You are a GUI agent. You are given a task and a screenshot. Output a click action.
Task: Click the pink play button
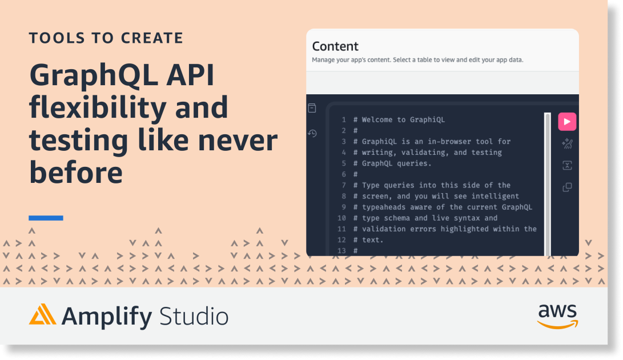point(567,122)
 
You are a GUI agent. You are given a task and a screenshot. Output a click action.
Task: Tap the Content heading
point(335,46)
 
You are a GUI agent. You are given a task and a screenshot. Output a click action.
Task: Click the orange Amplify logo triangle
point(42,314)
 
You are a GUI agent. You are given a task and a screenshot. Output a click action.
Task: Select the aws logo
point(558,317)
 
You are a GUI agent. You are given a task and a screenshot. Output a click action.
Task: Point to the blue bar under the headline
point(46,218)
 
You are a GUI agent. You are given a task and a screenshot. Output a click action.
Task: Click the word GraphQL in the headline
point(94,75)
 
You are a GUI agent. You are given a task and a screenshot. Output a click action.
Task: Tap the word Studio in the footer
point(194,317)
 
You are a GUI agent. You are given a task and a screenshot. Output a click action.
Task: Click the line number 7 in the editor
point(344,185)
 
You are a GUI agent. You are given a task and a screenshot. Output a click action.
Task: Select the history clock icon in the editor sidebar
point(312,133)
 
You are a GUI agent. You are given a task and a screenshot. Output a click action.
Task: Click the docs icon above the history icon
point(312,108)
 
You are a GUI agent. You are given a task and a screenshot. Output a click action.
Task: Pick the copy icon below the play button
point(567,187)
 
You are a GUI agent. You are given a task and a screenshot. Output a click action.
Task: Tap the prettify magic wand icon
point(567,143)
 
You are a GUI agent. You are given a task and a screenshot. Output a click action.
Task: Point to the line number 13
point(341,251)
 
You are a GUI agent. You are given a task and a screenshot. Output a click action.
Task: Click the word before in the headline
point(76,173)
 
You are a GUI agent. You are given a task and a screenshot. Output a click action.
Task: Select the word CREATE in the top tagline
point(152,38)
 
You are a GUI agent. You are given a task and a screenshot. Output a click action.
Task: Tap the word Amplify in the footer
point(106,317)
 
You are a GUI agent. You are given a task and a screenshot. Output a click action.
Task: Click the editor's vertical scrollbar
point(548,185)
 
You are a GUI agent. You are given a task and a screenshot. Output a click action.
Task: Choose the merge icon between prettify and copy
point(567,166)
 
